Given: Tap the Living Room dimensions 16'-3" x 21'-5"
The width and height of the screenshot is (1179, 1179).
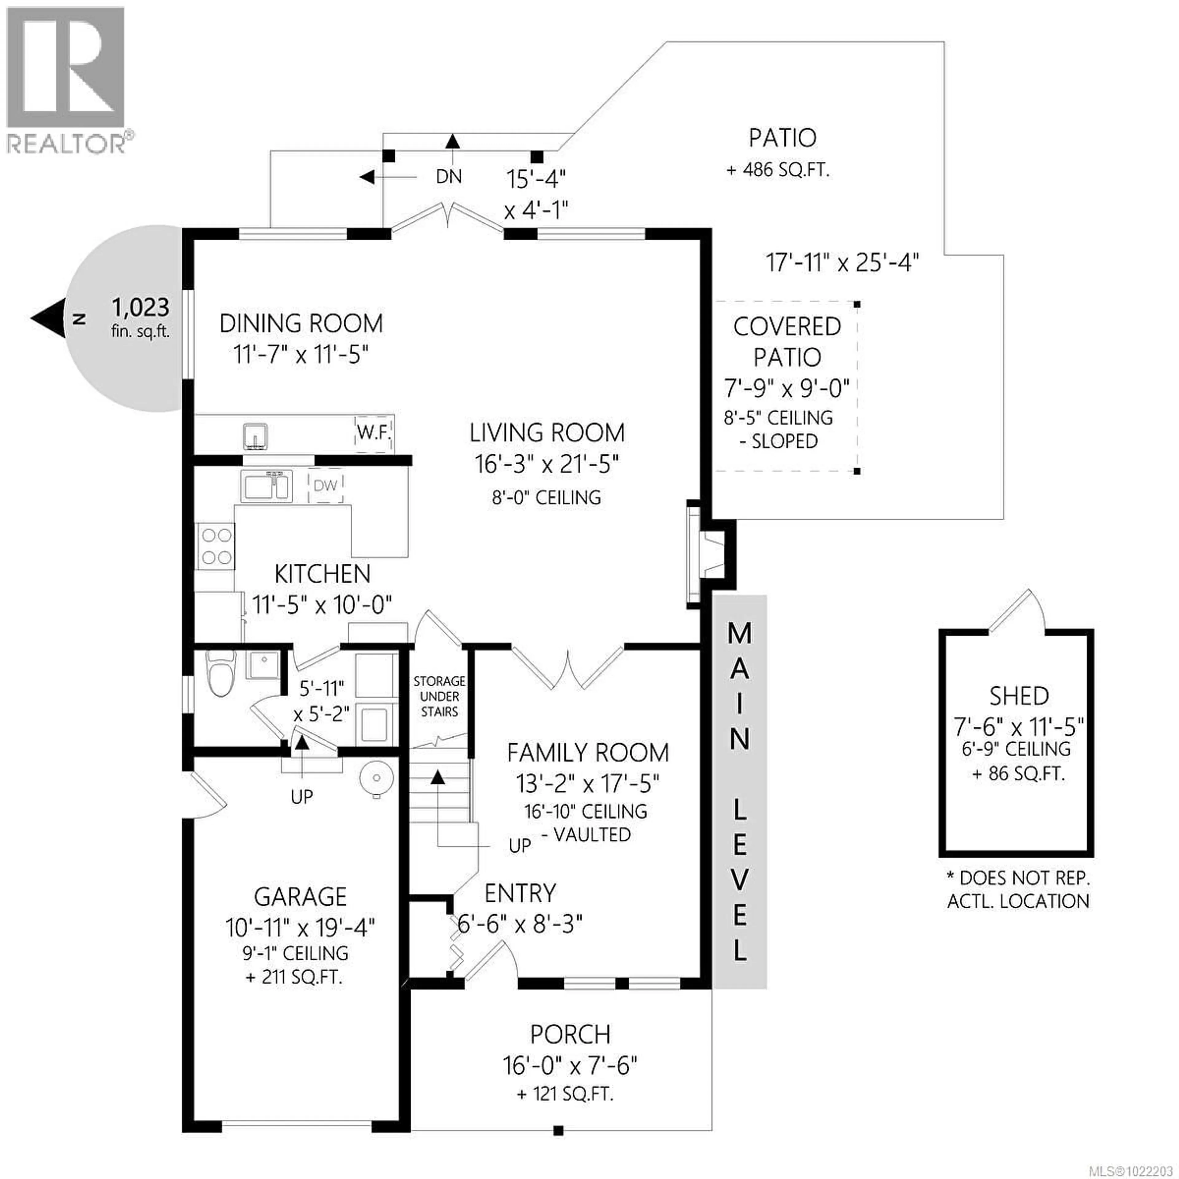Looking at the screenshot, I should click(x=547, y=465).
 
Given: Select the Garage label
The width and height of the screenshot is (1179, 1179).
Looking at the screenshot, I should click(x=300, y=897).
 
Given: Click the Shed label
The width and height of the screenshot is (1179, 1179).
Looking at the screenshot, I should click(x=1018, y=696).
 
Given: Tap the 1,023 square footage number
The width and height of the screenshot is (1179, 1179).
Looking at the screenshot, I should click(x=140, y=307).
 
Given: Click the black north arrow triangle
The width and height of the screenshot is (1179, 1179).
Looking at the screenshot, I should click(x=49, y=318).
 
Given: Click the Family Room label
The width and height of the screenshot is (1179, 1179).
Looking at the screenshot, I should click(x=588, y=753).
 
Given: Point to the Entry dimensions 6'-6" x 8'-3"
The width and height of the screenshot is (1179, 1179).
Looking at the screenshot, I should click(x=520, y=924).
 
